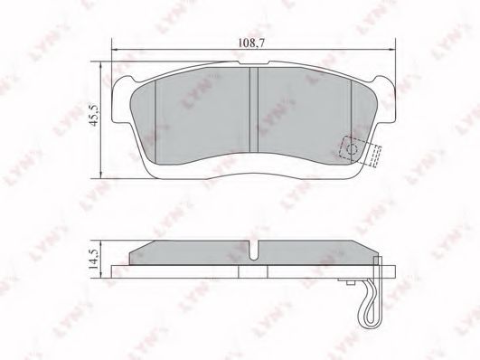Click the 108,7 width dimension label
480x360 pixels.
click(x=251, y=43)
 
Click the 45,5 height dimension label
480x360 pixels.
click(x=93, y=115)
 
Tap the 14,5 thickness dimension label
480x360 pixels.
click(x=93, y=259)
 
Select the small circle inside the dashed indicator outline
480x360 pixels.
click(x=352, y=149)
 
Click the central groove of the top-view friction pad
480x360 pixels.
click(x=254, y=109)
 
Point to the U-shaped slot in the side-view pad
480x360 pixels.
click(x=254, y=251)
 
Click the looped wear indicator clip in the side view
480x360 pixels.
click(x=371, y=302)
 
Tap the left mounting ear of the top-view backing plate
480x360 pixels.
click(x=122, y=101)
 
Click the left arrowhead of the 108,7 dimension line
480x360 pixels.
click(x=115, y=49)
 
